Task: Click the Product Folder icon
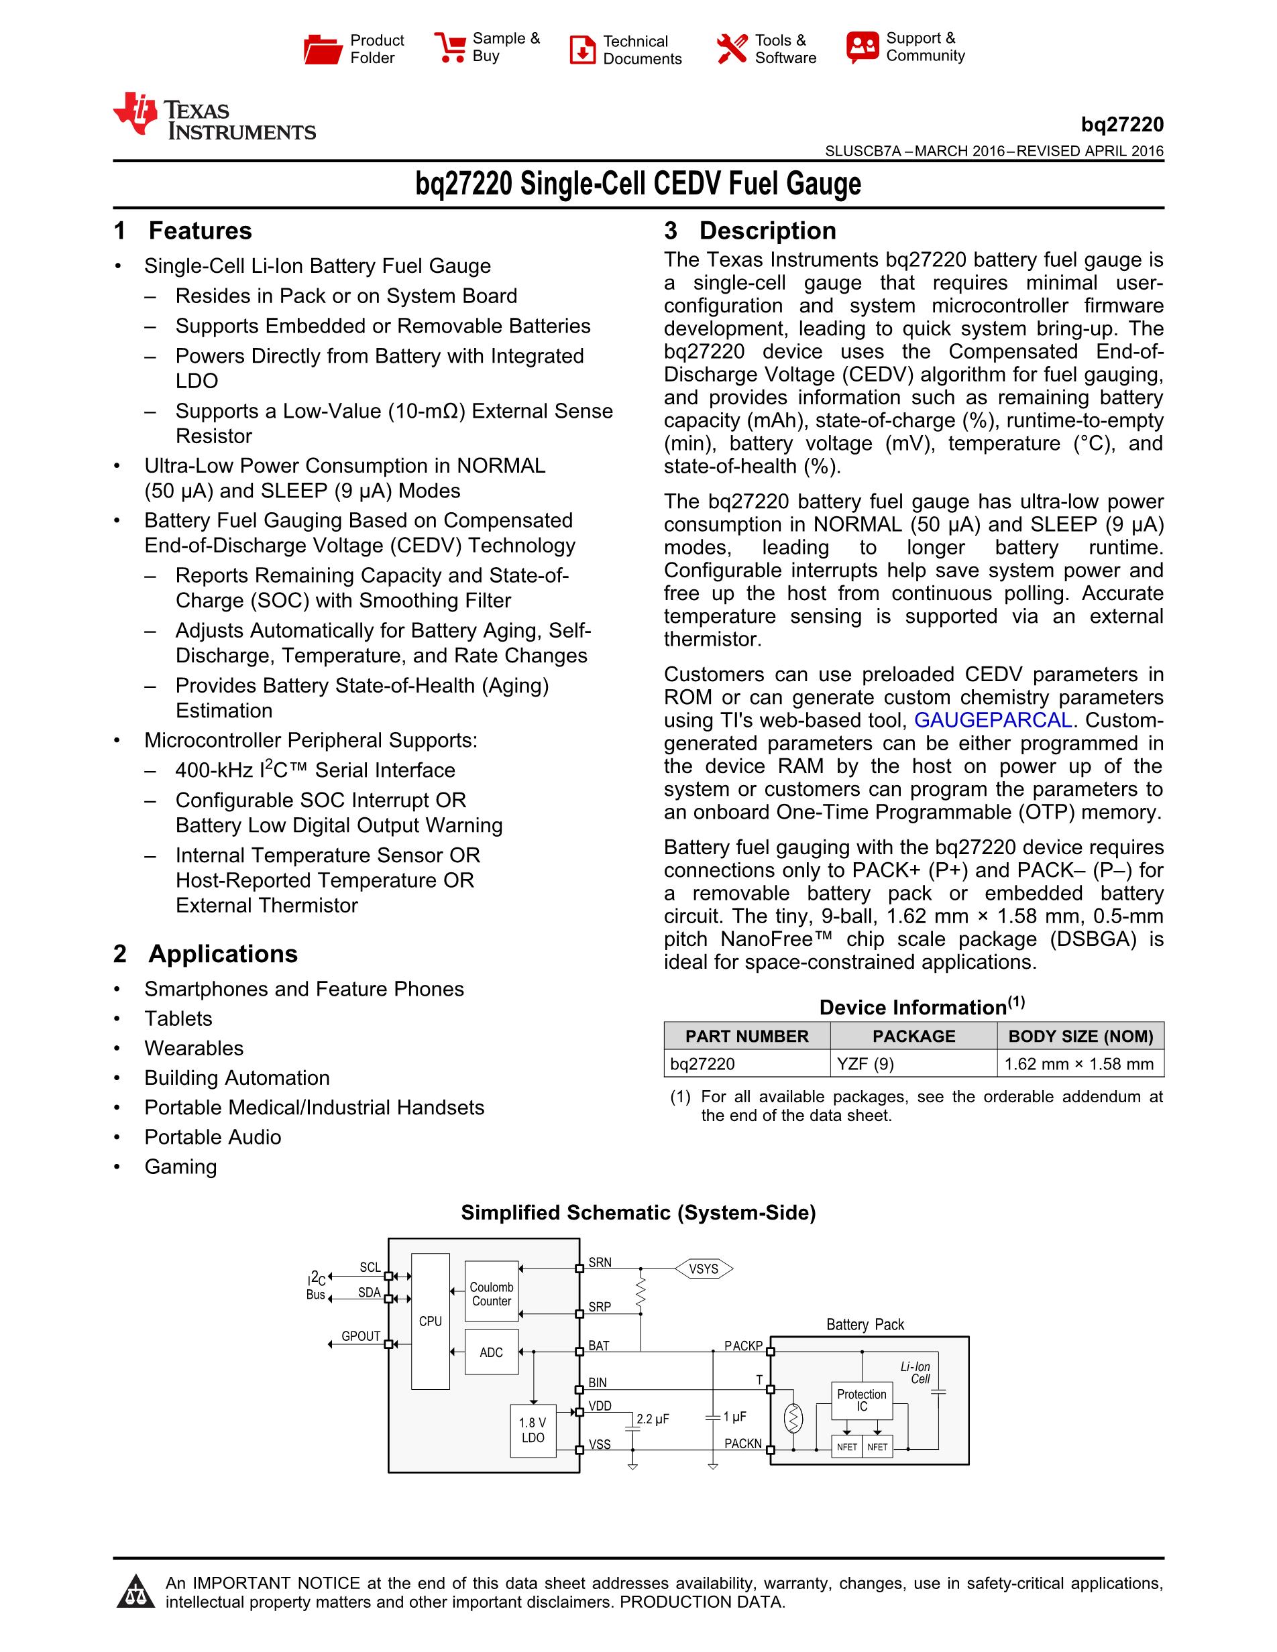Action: tap(323, 49)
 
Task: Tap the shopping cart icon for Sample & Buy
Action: tap(450, 47)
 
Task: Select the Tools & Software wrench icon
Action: tap(732, 48)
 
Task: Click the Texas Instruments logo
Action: tap(214, 117)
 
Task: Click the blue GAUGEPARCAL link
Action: tap(993, 720)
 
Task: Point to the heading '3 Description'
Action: tap(750, 231)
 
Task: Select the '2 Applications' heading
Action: tap(205, 954)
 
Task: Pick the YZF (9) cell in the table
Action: tap(865, 1063)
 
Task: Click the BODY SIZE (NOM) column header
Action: tap(1080, 1037)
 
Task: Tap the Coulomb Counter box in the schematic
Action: tap(492, 1293)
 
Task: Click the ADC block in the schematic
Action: tap(491, 1352)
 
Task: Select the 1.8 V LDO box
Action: tap(533, 1429)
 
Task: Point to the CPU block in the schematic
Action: tap(431, 1321)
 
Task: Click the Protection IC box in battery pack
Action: tap(862, 1400)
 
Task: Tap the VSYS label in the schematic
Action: tap(704, 1268)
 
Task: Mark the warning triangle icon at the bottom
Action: tap(136, 1592)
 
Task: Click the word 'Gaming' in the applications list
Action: tap(181, 1167)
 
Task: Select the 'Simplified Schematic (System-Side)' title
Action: tap(638, 1213)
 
